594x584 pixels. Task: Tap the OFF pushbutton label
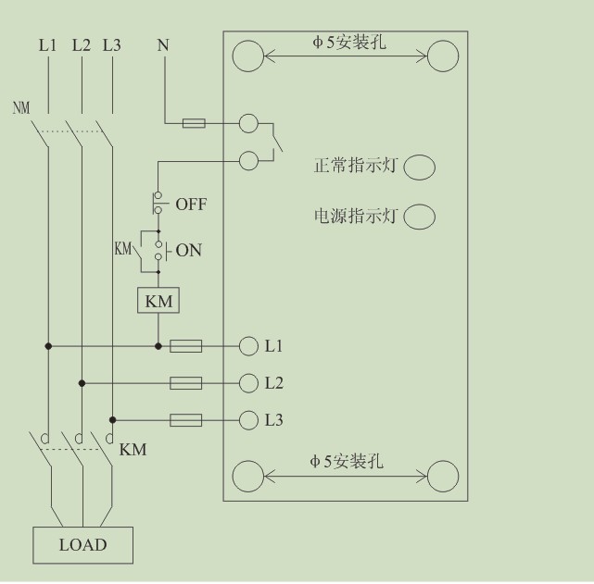click(191, 205)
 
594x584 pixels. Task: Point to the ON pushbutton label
click(189, 250)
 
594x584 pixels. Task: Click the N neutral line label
click(163, 45)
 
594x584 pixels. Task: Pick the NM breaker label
click(21, 107)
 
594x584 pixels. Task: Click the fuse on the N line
click(194, 123)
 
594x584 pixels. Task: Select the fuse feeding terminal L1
click(185, 346)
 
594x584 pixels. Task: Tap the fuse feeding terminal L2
click(185, 383)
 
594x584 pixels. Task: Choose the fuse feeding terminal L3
click(185, 420)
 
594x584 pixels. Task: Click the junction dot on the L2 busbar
click(82, 383)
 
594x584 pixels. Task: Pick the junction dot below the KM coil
click(158, 346)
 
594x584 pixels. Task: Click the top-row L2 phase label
click(82, 45)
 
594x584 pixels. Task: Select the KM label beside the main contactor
click(133, 450)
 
